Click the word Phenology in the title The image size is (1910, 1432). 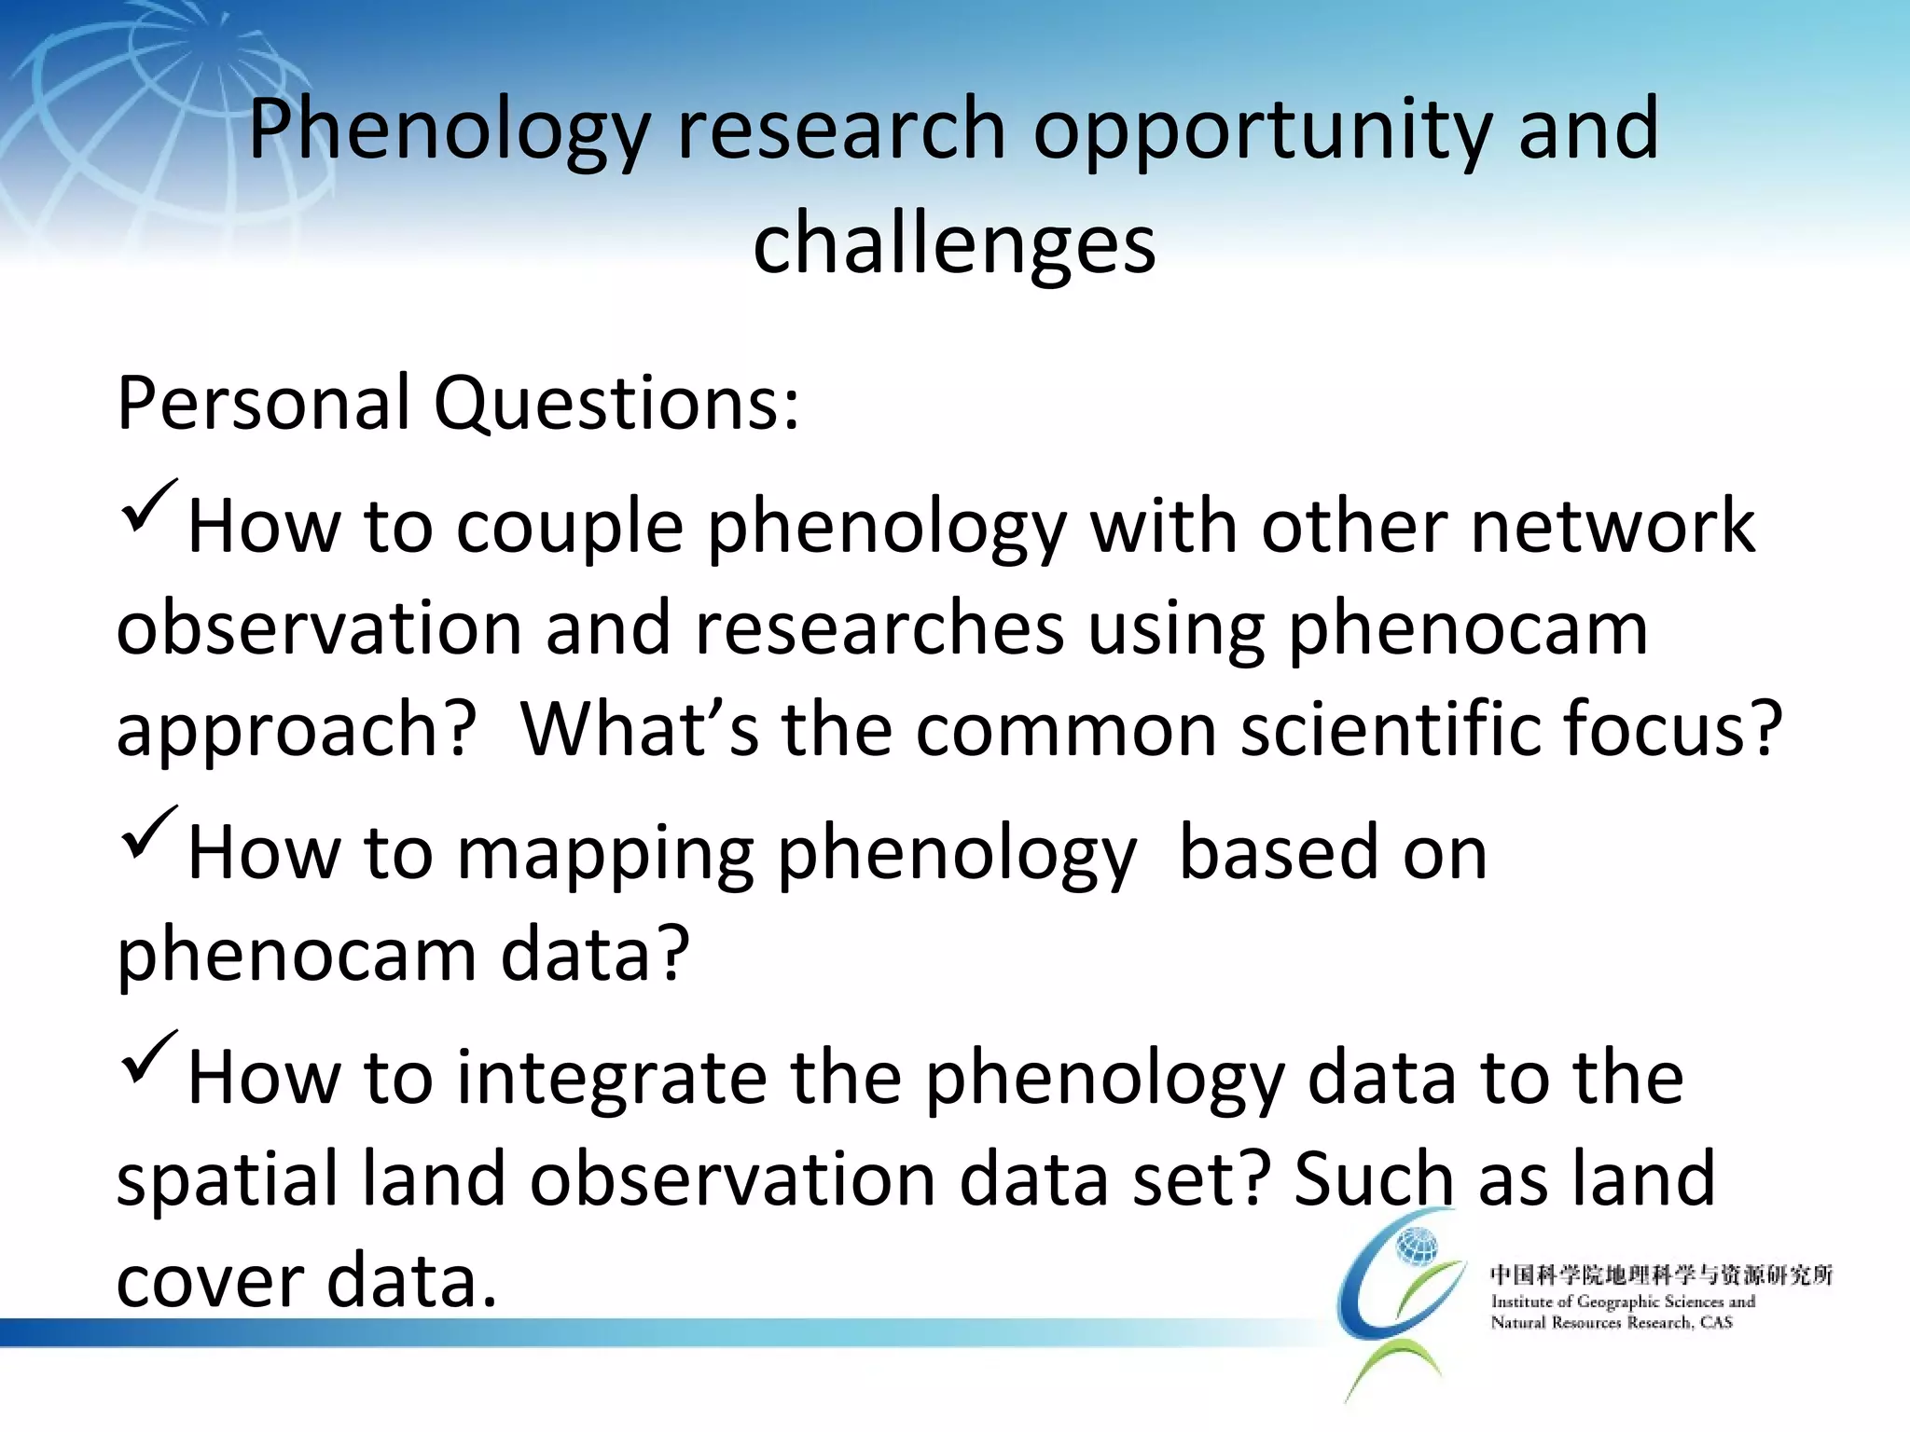coord(448,131)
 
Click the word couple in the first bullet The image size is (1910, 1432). coord(570,528)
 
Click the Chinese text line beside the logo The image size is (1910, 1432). coord(1660,1274)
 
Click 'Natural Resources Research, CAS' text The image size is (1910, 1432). coord(1611,1322)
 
